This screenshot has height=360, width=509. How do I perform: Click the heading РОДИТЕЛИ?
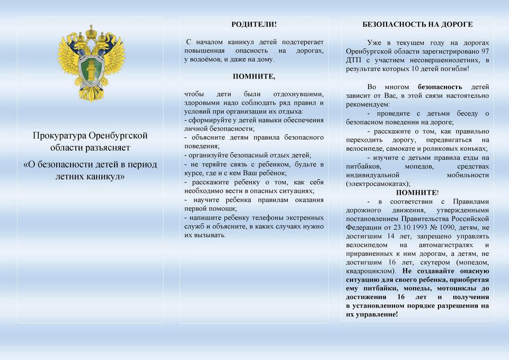point(254,24)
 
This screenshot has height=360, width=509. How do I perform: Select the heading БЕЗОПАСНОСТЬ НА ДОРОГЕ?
point(417,24)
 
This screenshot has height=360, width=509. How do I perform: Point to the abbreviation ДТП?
point(354,60)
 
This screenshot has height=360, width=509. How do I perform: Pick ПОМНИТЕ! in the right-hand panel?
point(417,192)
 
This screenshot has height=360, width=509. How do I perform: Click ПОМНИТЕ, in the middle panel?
point(254,76)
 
